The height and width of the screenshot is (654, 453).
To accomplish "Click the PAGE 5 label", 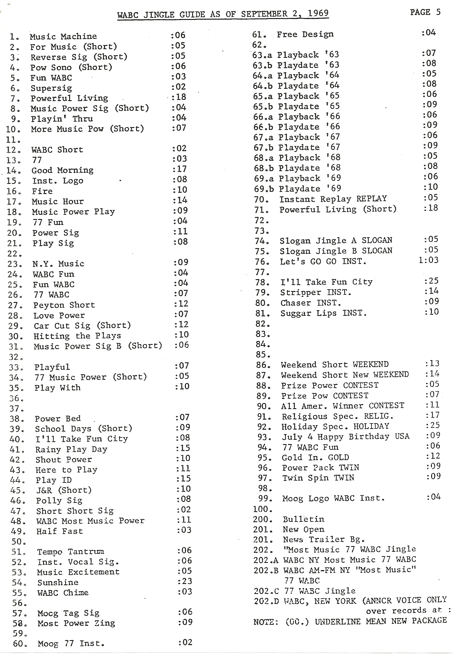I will tap(425, 12).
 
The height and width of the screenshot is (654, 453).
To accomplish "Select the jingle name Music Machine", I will tap(63, 37).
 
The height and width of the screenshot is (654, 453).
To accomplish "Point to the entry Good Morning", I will tap(62, 170).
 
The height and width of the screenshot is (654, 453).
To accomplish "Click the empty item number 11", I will tap(13, 140).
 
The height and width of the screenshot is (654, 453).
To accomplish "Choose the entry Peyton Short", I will tap(64, 305).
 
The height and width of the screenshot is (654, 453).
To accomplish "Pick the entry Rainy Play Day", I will tap(71, 449).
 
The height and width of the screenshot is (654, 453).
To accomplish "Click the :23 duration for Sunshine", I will tap(185, 581).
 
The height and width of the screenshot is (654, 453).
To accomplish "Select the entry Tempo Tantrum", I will tap(71, 552).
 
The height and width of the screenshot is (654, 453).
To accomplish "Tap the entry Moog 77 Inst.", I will tap(71, 644).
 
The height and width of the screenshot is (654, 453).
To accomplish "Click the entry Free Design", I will tap(305, 34).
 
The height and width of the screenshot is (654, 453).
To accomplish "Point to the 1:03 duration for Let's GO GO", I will tap(428, 260).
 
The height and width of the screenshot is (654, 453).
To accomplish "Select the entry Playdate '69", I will tap(309, 189).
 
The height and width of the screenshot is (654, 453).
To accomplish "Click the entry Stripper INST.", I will tap(316, 292).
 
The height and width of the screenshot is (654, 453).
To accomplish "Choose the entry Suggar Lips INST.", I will tap(324, 313).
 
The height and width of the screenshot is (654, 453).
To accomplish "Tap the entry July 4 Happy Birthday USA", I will tap(346, 437).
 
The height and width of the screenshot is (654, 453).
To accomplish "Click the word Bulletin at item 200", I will tap(303, 519).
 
